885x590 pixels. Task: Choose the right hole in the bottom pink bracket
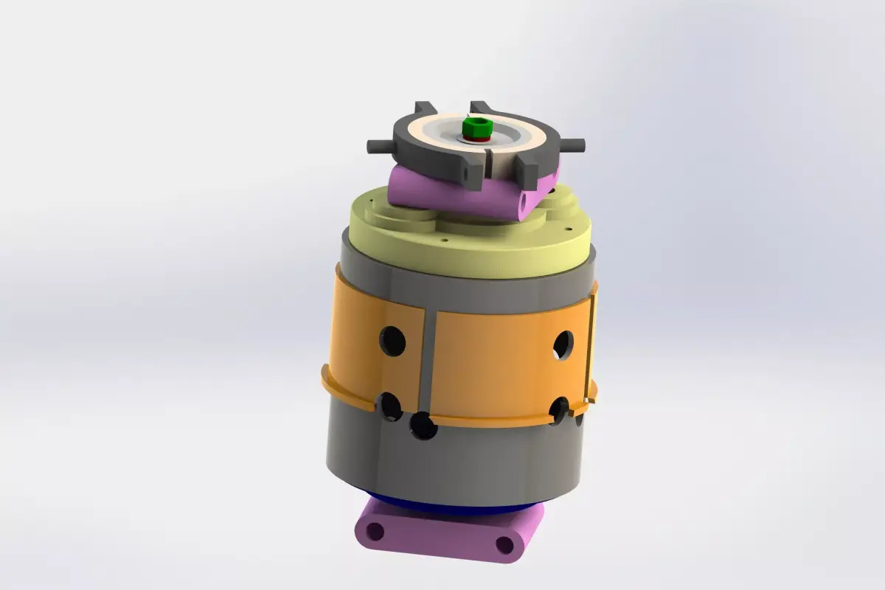click(504, 545)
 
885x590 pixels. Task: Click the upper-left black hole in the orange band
click(392, 341)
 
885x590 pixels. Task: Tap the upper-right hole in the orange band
click(563, 344)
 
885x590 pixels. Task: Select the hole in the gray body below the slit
click(423, 426)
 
